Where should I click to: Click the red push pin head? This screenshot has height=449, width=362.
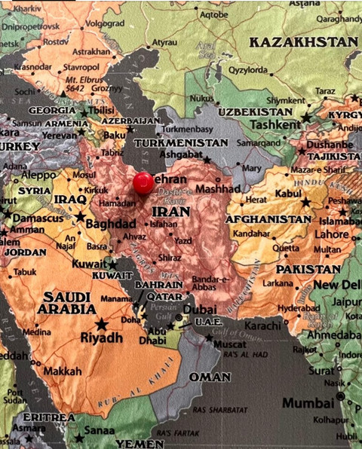click(143, 182)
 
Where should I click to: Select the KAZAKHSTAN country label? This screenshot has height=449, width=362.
click(302, 41)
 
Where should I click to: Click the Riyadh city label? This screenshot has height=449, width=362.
click(101, 338)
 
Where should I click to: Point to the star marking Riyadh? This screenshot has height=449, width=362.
click(101, 324)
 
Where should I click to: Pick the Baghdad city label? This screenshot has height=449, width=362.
click(110, 224)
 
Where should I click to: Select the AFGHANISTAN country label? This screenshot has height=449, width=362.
click(268, 219)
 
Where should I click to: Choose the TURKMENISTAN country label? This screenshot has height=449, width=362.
click(181, 142)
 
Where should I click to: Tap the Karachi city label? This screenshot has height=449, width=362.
click(262, 326)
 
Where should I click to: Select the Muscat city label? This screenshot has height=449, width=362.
click(230, 344)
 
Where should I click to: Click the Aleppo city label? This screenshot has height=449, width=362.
click(38, 175)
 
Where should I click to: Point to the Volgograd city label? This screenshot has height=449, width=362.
click(104, 23)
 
